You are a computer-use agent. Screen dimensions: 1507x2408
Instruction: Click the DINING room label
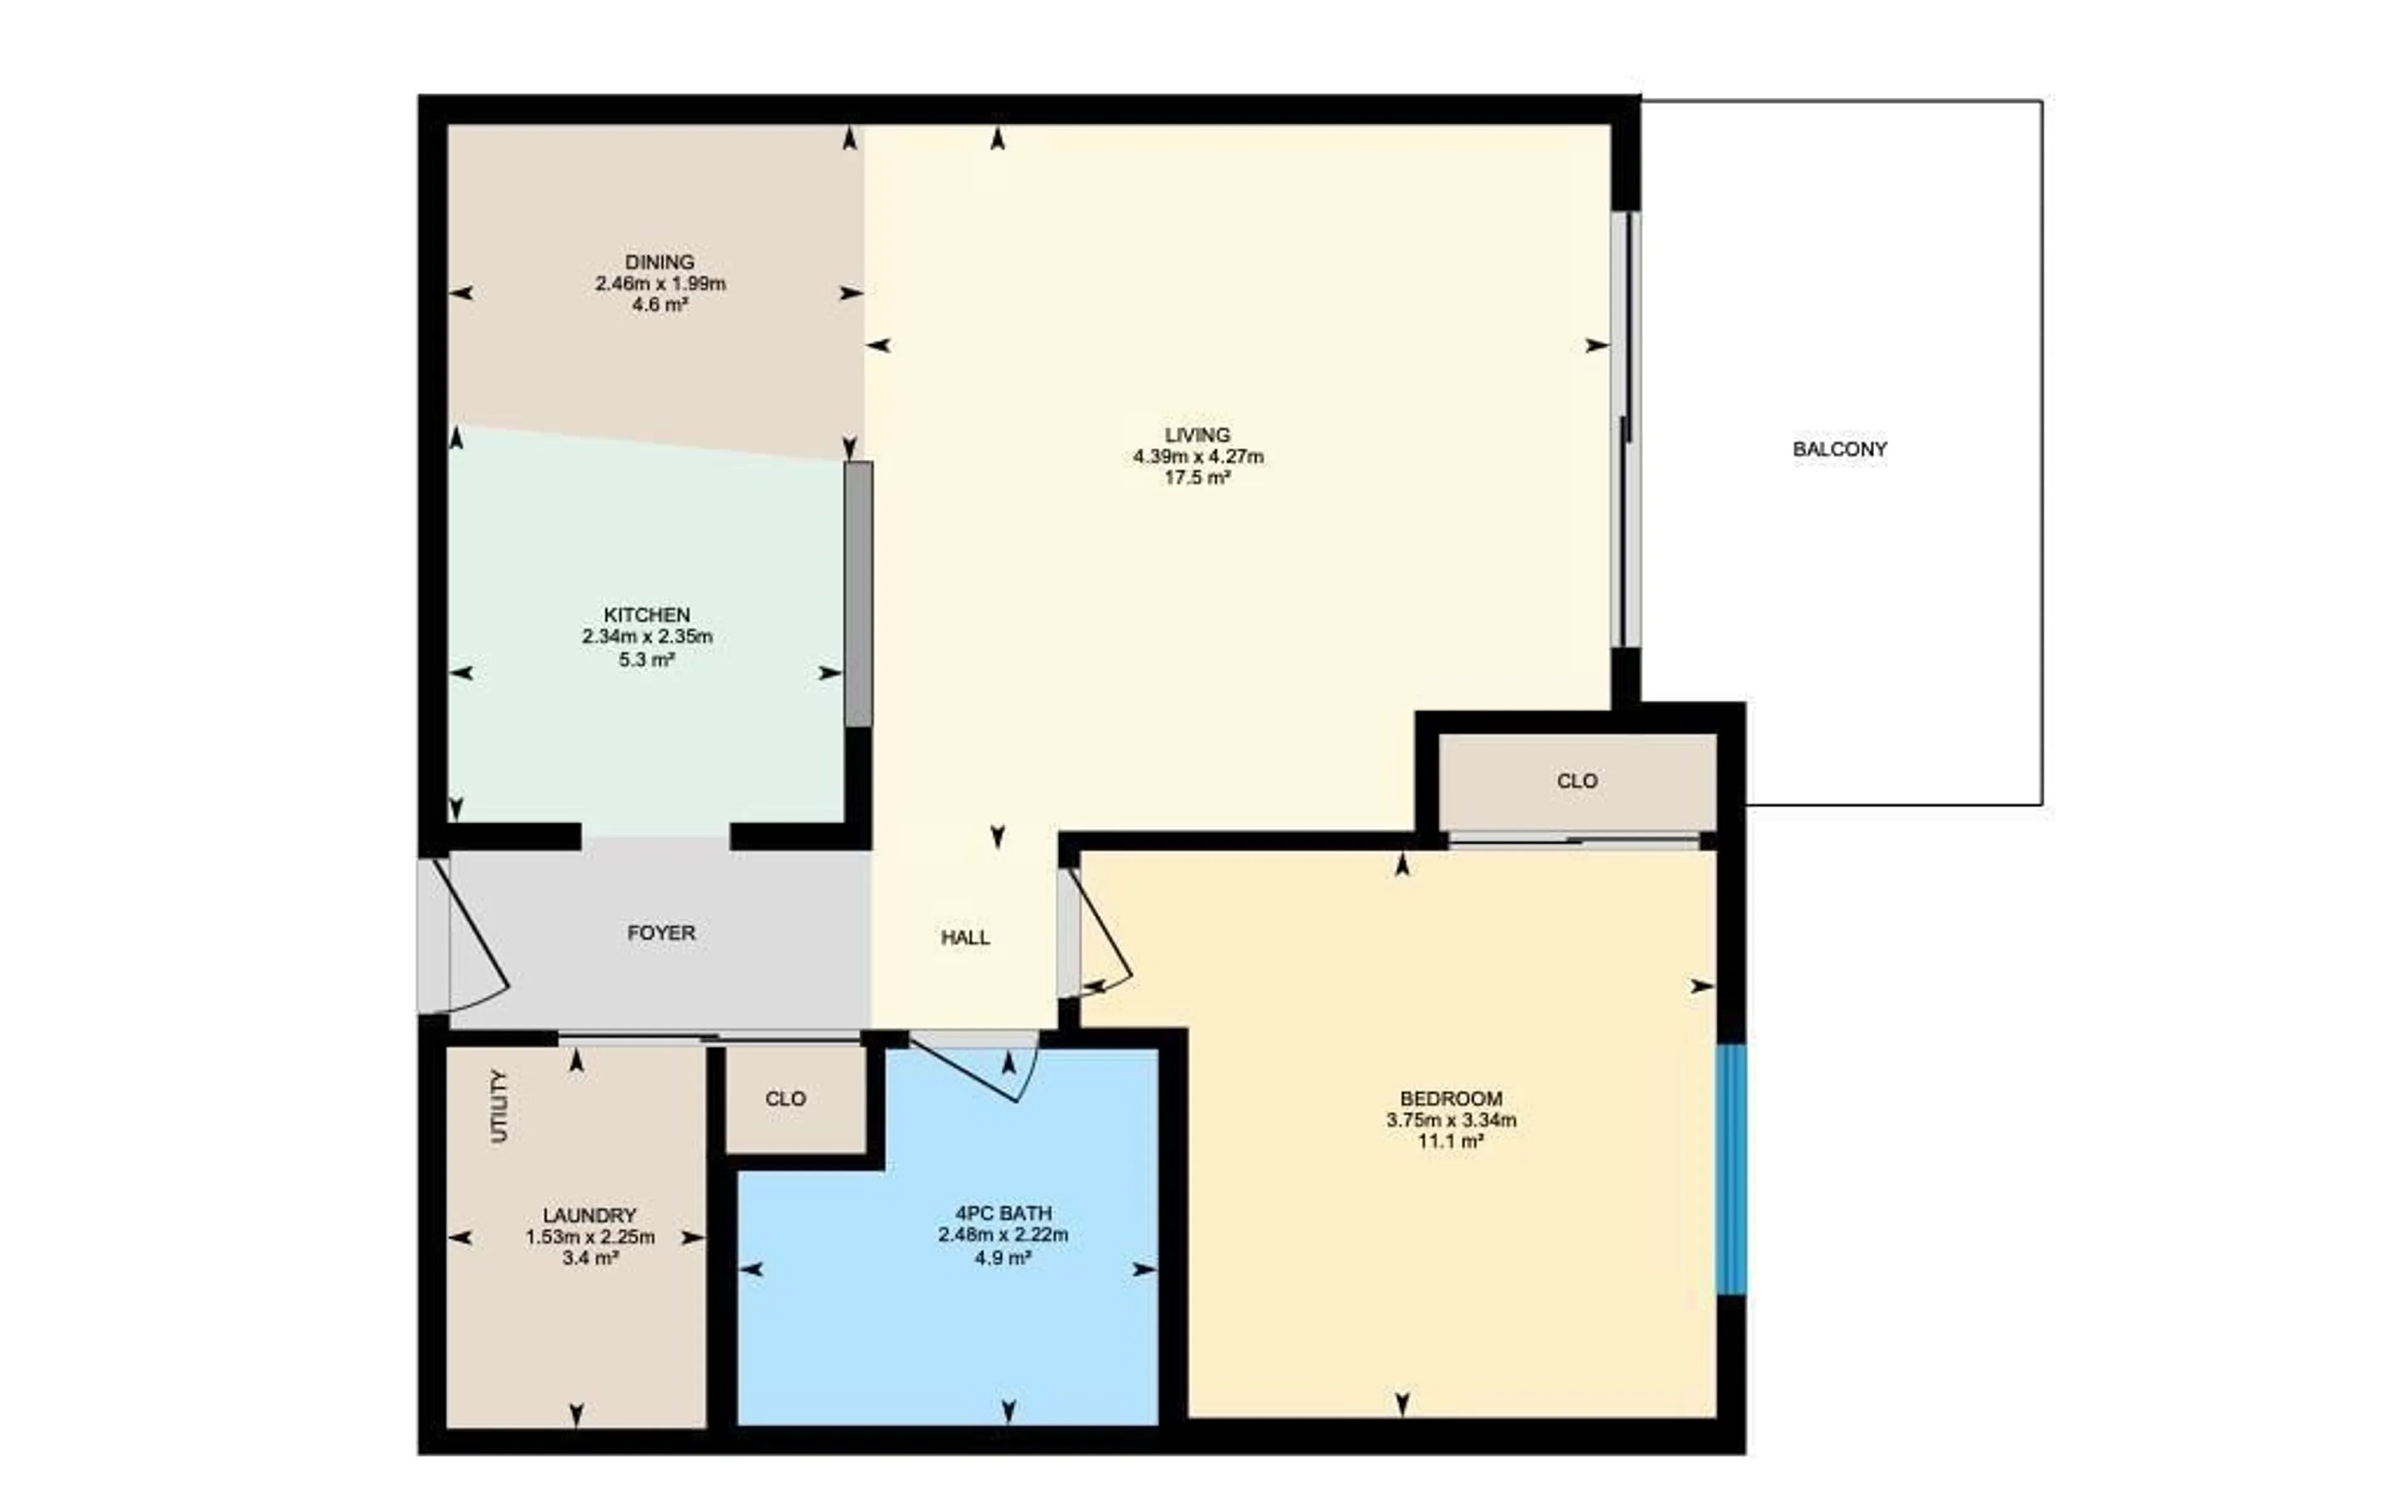pyautogui.click(x=660, y=262)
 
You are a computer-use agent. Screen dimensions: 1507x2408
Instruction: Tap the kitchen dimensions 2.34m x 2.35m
pyautogui.click(x=648, y=636)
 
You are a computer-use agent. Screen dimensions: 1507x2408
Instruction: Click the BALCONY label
pyautogui.click(x=1839, y=449)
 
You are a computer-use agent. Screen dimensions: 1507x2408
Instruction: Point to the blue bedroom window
pyautogui.click(x=1731, y=1169)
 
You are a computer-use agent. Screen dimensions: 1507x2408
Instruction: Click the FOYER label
pyautogui.click(x=660, y=933)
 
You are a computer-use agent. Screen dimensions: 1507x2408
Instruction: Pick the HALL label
pyautogui.click(x=964, y=937)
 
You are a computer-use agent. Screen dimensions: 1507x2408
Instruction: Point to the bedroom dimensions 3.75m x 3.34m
pyautogui.click(x=1450, y=1121)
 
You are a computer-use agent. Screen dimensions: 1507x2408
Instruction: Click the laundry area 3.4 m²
pyautogui.click(x=590, y=1259)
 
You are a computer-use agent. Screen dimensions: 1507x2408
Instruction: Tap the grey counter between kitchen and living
pyautogui.click(x=858, y=594)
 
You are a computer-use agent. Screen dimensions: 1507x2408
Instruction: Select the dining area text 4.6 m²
pyautogui.click(x=660, y=305)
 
